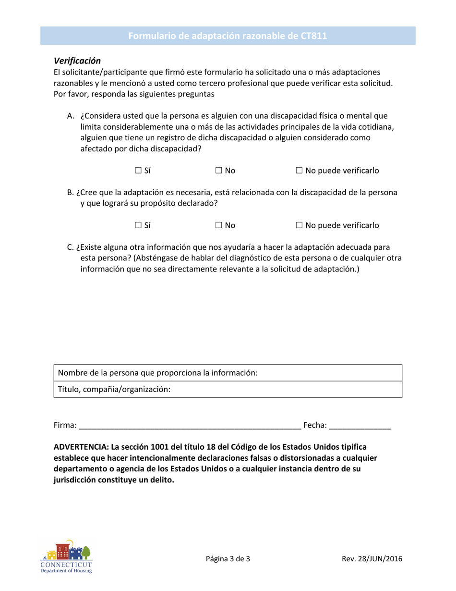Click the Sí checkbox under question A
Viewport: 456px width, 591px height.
click(x=138, y=171)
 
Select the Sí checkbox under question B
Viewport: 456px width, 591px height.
click(x=138, y=225)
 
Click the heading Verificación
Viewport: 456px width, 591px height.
click(x=77, y=61)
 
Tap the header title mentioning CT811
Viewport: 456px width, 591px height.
click(x=228, y=36)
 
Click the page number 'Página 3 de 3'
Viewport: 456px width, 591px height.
click(x=228, y=559)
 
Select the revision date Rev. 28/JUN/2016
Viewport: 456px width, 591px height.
click(x=372, y=559)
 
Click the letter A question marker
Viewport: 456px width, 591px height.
click(x=70, y=116)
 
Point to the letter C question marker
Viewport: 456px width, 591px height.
click(x=70, y=247)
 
